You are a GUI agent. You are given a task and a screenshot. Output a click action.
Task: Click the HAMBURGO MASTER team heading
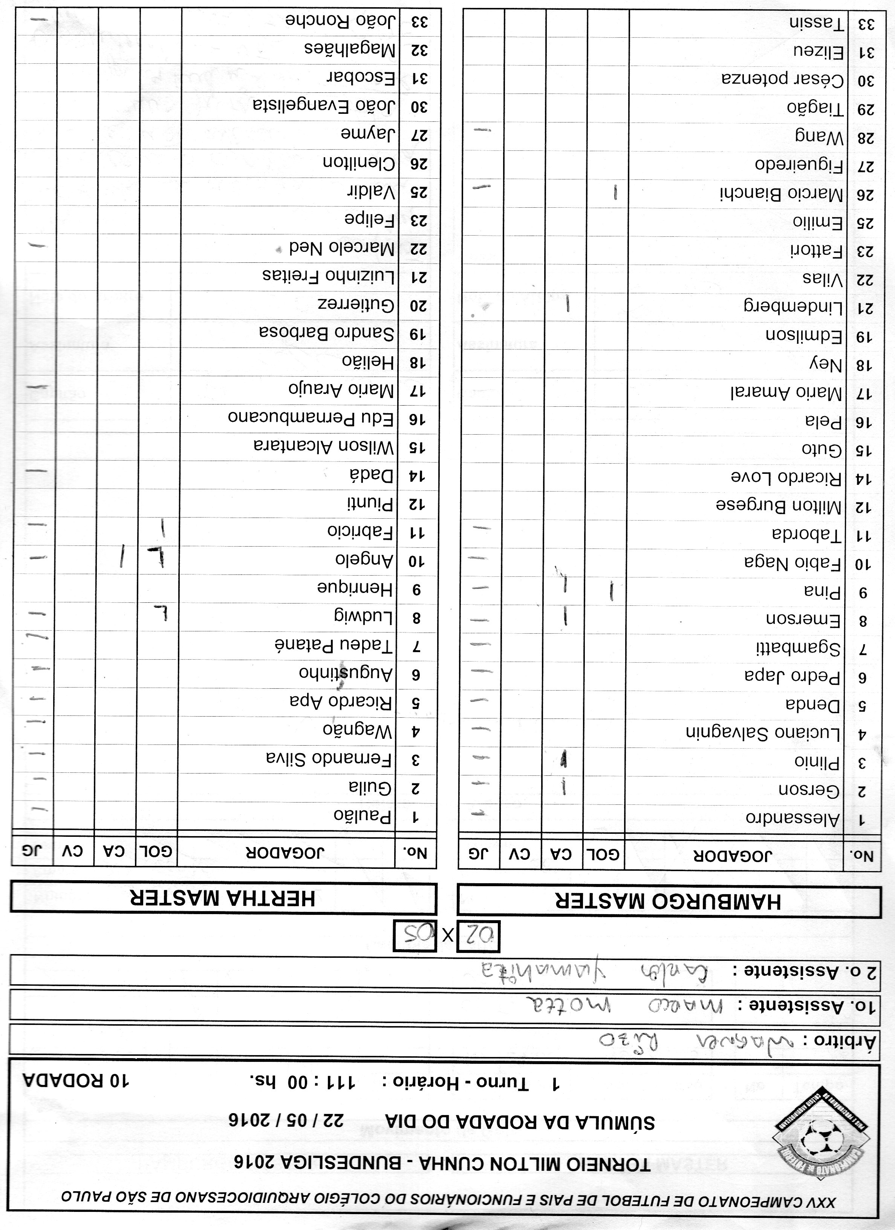pyautogui.click(x=669, y=901)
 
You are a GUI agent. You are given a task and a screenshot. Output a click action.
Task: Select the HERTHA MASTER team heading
pyautogui.click(x=222, y=899)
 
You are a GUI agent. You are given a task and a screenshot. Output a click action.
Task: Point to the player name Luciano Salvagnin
pyautogui.click(x=763, y=733)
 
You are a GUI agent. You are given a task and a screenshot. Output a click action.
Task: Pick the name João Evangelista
pyautogui.click(x=324, y=105)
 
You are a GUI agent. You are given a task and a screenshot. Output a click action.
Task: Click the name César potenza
pyautogui.click(x=783, y=80)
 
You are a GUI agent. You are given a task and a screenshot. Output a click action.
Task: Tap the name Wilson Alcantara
pyautogui.click(x=324, y=446)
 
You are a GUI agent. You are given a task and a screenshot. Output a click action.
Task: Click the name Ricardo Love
pyautogui.click(x=786, y=478)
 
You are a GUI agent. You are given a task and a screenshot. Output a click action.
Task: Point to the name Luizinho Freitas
pyautogui.click(x=329, y=276)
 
